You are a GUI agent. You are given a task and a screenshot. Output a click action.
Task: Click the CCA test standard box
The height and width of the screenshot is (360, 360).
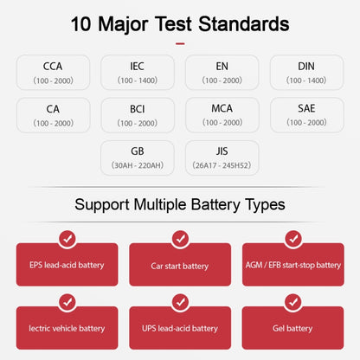[53, 73]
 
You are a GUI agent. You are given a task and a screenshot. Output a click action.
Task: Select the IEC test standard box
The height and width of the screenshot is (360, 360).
[138, 73]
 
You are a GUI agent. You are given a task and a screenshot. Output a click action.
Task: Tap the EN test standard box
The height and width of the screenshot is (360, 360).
[222, 73]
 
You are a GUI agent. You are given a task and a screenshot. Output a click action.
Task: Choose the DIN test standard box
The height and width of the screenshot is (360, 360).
[307, 73]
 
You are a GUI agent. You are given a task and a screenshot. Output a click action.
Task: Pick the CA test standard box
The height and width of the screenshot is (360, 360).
[53, 115]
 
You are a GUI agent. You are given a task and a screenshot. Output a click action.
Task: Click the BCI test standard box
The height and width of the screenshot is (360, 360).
[138, 115]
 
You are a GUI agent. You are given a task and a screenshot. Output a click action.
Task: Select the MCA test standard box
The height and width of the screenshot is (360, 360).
[222, 115]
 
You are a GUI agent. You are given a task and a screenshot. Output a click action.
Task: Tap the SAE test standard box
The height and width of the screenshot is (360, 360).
[307, 115]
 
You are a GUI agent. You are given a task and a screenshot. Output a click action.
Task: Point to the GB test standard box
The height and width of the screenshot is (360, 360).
[138, 157]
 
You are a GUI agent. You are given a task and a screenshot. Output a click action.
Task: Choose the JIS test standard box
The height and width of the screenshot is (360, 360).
[222, 157]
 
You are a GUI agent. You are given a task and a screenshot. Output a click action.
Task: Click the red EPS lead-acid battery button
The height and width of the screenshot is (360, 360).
[67, 265]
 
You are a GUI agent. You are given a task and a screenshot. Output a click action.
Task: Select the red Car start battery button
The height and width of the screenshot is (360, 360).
[180, 265]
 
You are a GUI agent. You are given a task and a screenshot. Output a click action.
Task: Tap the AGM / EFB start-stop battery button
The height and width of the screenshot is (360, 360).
[293, 265]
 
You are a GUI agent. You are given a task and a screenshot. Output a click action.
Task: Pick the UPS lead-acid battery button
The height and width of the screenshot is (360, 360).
[180, 328]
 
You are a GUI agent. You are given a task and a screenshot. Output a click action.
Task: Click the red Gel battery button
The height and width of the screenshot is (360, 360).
[293, 328]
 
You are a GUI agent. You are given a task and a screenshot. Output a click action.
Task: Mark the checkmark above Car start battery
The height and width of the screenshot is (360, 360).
[180, 238]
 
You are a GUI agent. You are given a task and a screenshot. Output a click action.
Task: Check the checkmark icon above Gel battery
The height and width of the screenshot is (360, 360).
[293, 301]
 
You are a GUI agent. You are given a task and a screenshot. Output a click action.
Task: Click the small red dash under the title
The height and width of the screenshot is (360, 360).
[180, 43]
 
